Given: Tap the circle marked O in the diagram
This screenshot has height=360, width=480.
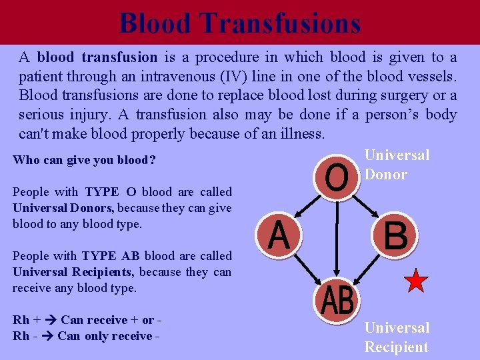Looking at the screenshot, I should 336,177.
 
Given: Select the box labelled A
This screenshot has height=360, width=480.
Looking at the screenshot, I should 279,235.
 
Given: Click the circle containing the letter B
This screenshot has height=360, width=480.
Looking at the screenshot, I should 395,235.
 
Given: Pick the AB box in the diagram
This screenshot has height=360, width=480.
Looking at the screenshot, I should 337,301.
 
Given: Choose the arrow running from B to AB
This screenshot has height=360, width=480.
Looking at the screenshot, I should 371,269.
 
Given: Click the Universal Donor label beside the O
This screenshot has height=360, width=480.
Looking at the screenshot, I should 397,165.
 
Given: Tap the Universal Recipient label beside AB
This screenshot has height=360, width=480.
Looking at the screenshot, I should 397,337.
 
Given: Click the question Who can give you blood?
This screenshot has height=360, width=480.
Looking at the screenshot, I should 83,161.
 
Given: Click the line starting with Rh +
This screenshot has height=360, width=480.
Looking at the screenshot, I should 87,320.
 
